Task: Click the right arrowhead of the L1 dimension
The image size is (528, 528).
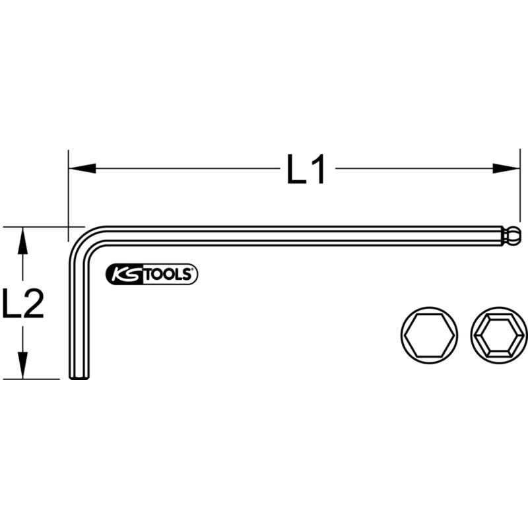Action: [506, 169]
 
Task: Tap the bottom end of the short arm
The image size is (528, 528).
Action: [79, 377]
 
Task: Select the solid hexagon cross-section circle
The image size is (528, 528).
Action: [429, 336]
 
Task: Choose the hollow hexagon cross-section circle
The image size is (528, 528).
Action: [499, 336]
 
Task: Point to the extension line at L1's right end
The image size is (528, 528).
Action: [519, 191]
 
